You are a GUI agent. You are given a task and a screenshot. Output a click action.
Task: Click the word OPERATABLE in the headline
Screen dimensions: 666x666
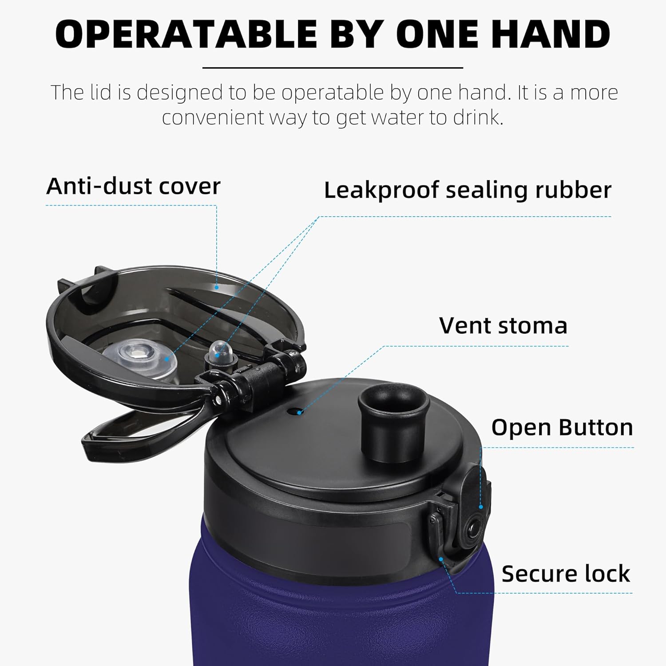tap(186, 34)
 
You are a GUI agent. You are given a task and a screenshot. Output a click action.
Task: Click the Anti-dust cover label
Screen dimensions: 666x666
tap(133, 186)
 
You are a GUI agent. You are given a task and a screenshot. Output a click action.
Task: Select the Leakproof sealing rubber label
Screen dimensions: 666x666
tap(468, 190)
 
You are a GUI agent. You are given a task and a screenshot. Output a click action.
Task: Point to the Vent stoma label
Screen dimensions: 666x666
tap(503, 325)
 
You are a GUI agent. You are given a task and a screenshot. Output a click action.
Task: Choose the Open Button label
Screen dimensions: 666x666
tap(562, 428)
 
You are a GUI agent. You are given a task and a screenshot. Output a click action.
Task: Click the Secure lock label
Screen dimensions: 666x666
tap(566, 573)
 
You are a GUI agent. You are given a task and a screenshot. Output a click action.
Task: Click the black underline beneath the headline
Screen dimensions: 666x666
tap(333, 68)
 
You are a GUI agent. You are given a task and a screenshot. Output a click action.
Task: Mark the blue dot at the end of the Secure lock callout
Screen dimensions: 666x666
tap(441, 559)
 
